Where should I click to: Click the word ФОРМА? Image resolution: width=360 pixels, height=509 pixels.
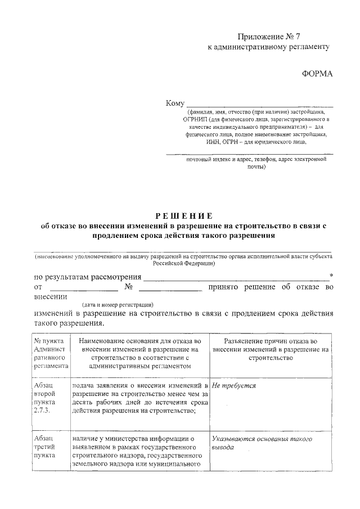[317, 74]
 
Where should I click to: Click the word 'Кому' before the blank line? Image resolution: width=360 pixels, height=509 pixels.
[175, 103]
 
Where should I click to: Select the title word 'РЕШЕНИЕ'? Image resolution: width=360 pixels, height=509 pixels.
[183, 216]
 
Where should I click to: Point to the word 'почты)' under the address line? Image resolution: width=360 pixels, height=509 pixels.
[256, 167]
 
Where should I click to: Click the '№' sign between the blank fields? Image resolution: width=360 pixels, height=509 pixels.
[128, 287]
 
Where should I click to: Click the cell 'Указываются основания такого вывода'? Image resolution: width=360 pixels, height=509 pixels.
[262, 444]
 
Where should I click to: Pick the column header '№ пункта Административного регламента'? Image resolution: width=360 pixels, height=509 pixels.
[51, 353]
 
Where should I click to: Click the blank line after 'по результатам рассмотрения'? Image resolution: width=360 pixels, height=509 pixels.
[236, 277]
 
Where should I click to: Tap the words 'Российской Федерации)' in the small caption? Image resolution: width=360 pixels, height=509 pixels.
[183, 263]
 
